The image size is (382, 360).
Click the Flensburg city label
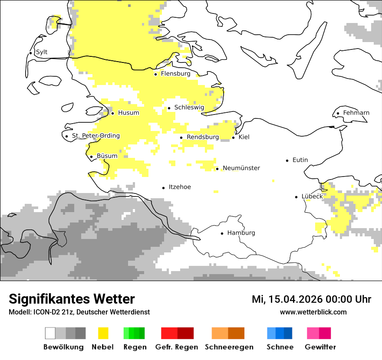(x=175, y=74)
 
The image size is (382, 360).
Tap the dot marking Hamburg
(x=222, y=233)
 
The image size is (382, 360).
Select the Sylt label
(x=42, y=52)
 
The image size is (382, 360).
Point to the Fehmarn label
(x=356, y=113)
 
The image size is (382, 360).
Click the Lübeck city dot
(x=296, y=197)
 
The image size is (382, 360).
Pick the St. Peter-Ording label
(x=95, y=136)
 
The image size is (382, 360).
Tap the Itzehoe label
(x=180, y=187)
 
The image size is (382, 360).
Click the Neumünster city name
(x=241, y=168)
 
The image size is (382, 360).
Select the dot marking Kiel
(x=234, y=137)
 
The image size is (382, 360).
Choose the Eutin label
(x=300, y=160)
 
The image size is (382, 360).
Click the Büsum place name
(x=107, y=156)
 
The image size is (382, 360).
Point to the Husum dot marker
(x=112, y=113)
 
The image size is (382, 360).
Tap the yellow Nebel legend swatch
(x=103, y=333)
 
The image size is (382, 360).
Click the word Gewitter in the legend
(x=320, y=347)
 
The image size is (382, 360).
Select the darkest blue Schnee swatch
(x=288, y=333)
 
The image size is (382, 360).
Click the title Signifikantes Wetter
(x=72, y=299)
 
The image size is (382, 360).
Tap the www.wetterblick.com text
(x=313, y=312)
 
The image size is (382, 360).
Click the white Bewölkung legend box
(x=50, y=333)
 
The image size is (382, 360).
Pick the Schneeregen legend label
(x=229, y=347)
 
